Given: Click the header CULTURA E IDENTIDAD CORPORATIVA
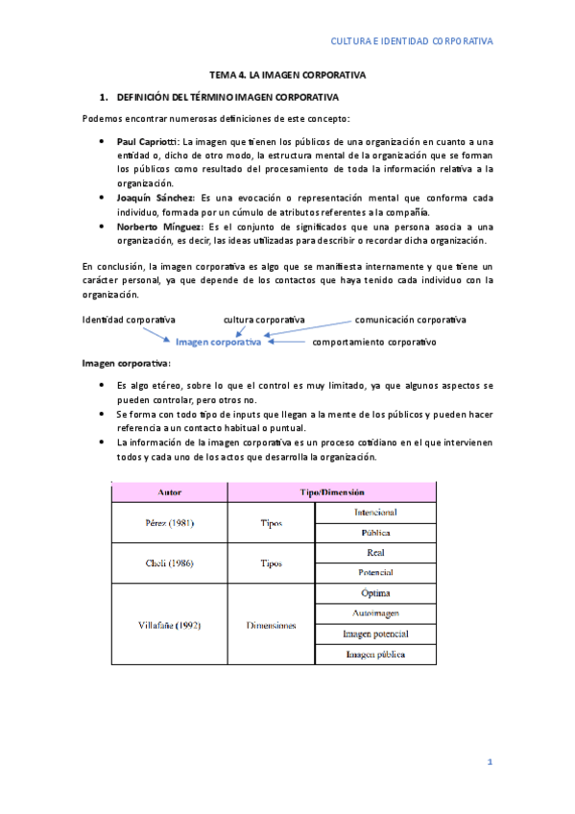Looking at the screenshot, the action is pos(411,41).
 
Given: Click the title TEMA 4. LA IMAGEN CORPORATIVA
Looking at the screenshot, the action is pos(289,74).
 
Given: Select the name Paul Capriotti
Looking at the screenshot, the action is pos(146,141).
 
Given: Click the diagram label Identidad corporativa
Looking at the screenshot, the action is pos(129,319).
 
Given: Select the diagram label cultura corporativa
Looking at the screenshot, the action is pos(264,319).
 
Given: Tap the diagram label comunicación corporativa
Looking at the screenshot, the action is pos(410,319).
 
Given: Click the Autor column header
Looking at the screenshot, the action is pos(170,491).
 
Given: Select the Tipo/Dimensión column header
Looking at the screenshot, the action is pos(331,491).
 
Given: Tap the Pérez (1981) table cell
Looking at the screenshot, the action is pos(170,523).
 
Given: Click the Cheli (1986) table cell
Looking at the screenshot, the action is pos(170,563).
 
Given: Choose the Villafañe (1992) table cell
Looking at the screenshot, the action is pos(170,624).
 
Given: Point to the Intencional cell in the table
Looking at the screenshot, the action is pos(375,513).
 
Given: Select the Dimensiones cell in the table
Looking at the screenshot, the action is pos(271,624).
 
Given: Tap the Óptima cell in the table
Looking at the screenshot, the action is pos(375,593).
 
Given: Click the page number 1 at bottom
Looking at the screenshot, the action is pos(489,761).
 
